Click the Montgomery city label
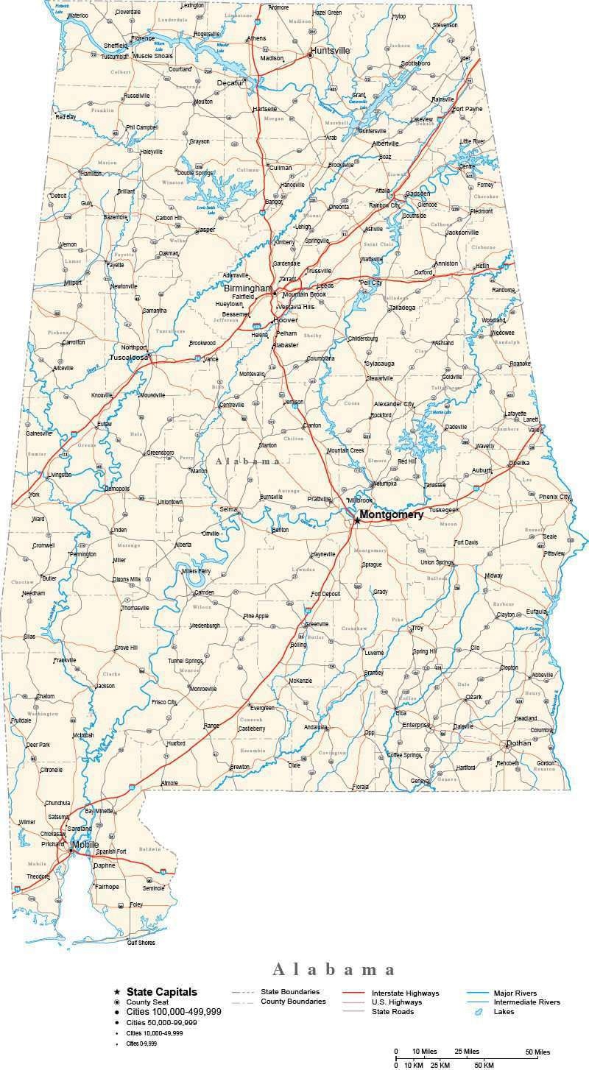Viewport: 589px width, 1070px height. [391, 515]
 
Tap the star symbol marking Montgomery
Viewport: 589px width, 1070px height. [357, 520]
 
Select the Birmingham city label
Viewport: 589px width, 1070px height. [248, 288]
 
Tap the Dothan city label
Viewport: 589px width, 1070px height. [518, 743]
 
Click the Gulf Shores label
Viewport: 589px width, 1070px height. [142, 942]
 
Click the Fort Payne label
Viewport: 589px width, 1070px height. [468, 109]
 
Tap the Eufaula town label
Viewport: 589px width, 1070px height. [537, 611]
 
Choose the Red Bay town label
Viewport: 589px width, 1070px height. [66, 117]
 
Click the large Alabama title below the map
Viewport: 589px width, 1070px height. [334, 969]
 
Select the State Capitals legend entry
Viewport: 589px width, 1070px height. [161, 992]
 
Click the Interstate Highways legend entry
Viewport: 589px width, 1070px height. [405, 993]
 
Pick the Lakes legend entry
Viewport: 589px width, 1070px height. [504, 1012]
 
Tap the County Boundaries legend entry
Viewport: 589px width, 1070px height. [293, 1002]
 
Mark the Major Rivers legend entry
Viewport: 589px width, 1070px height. [515, 993]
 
